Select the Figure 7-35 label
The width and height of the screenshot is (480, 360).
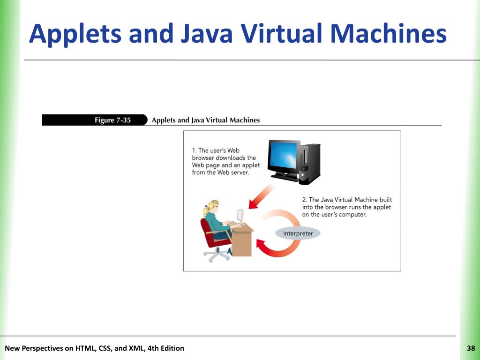point(112,120)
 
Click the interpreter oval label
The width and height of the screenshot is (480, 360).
point(298,233)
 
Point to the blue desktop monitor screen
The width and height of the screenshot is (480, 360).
point(283,156)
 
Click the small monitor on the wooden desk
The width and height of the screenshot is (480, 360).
point(240,216)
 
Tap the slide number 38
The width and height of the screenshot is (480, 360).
point(471,348)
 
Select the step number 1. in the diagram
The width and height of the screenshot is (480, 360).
point(194,150)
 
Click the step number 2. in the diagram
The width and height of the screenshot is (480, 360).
point(305,200)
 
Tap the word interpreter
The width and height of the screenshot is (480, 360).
point(298,233)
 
